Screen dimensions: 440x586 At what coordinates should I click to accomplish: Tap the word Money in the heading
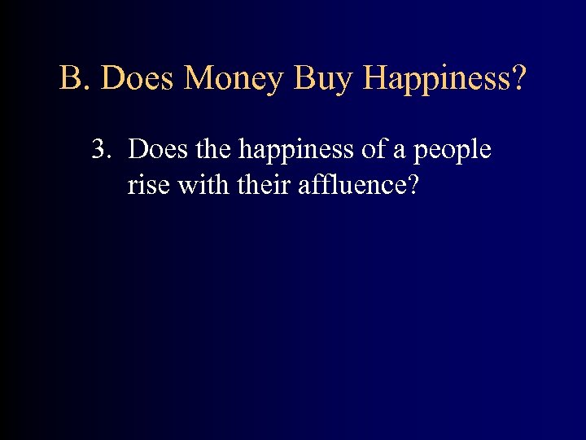(235, 79)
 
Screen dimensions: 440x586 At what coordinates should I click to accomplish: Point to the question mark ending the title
(518, 79)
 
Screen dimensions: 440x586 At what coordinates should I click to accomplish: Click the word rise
(147, 186)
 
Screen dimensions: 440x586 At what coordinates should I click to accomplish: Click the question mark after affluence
(413, 185)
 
